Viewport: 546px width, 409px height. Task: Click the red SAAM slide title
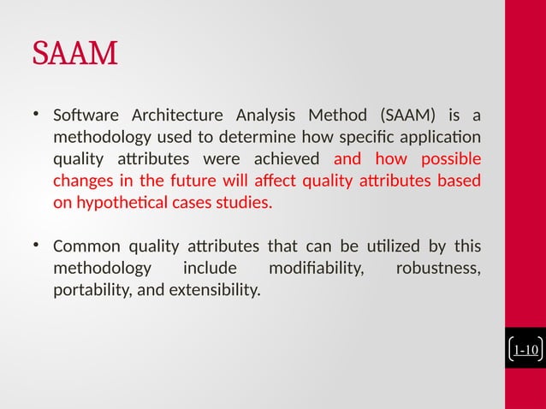tap(74, 55)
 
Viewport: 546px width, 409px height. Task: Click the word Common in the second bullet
tap(83, 248)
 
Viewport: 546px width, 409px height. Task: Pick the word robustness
tap(437, 270)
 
